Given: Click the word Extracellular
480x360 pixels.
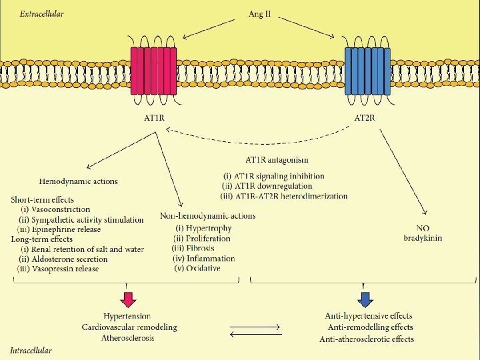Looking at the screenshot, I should [42, 14].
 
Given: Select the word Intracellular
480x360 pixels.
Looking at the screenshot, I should [31, 350].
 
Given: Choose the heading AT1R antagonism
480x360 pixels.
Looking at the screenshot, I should [277, 160].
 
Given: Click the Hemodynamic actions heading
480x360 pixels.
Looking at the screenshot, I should [79, 181].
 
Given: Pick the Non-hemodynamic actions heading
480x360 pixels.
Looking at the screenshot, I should [208, 215].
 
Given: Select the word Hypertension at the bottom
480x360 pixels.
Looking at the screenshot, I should [127, 315].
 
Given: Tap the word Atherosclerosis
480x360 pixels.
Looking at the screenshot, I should [127, 338].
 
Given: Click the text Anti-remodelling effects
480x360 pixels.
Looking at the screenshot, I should [371, 327].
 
